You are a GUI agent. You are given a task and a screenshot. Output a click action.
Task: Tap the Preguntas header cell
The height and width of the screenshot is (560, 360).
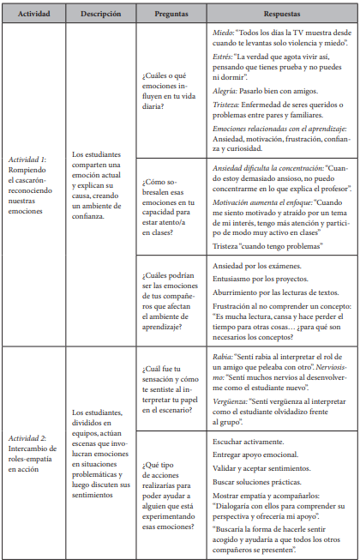(171, 14)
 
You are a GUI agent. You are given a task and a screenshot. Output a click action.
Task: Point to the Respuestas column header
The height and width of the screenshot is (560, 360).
(282, 14)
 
